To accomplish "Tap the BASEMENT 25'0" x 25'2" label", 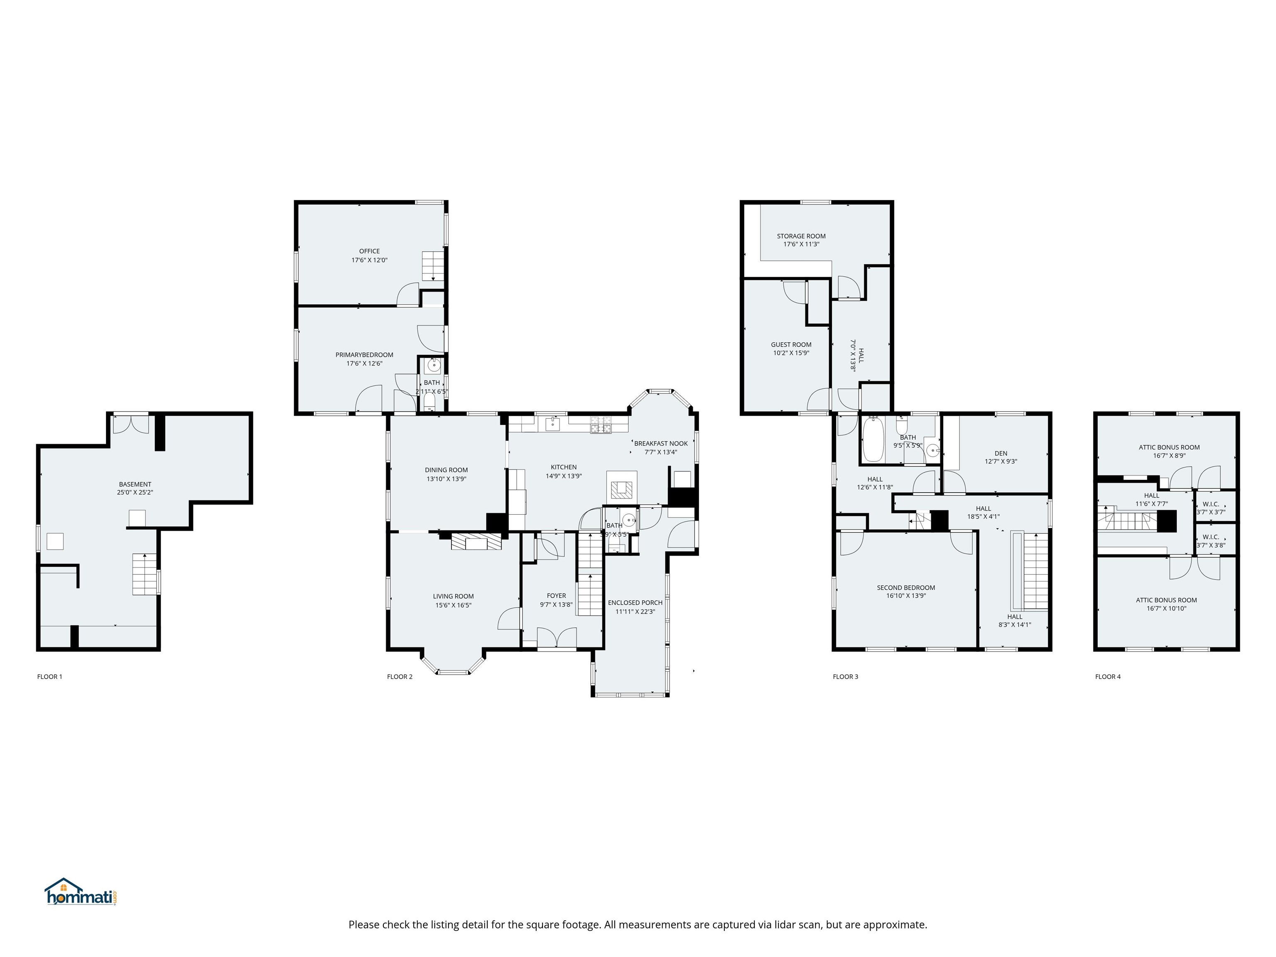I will (135, 488).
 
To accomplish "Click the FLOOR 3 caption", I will (845, 677).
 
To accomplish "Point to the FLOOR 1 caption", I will (49, 677).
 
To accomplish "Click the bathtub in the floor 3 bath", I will (873, 440).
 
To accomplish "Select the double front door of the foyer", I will (557, 638).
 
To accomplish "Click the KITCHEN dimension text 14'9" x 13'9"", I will (564, 476).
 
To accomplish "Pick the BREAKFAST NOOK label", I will (660, 444).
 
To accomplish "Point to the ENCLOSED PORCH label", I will (635, 603).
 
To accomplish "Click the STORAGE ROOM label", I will (801, 236).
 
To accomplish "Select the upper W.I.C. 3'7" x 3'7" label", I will (1210, 508).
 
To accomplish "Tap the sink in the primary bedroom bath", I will (434, 365).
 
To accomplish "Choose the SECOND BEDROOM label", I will (905, 588).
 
